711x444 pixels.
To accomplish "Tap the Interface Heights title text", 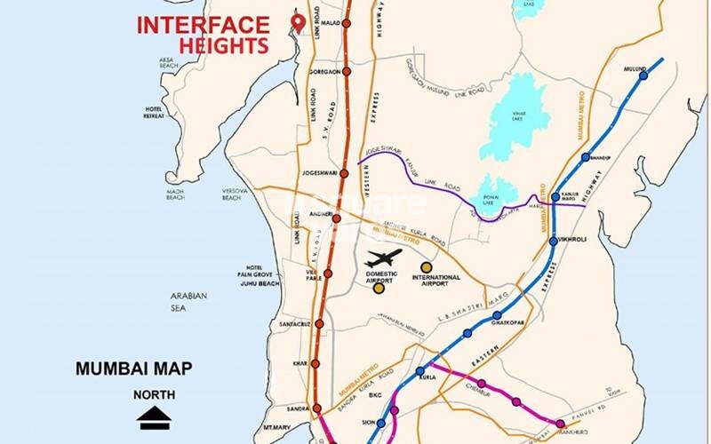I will [x=203, y=35].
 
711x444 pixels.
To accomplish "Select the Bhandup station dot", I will [x=585, y=157].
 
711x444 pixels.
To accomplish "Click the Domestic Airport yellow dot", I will [x=379, y=288].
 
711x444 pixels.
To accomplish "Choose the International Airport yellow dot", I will [x=427, y=266].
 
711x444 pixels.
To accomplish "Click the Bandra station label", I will [x=295, y=408].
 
